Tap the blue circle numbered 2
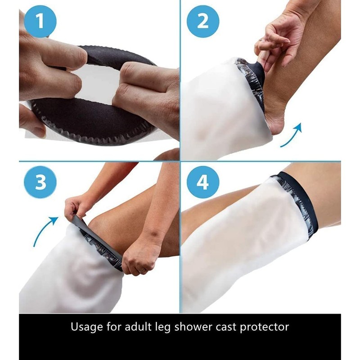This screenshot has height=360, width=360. point(202,21)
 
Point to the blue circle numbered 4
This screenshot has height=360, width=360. point(203,182)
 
